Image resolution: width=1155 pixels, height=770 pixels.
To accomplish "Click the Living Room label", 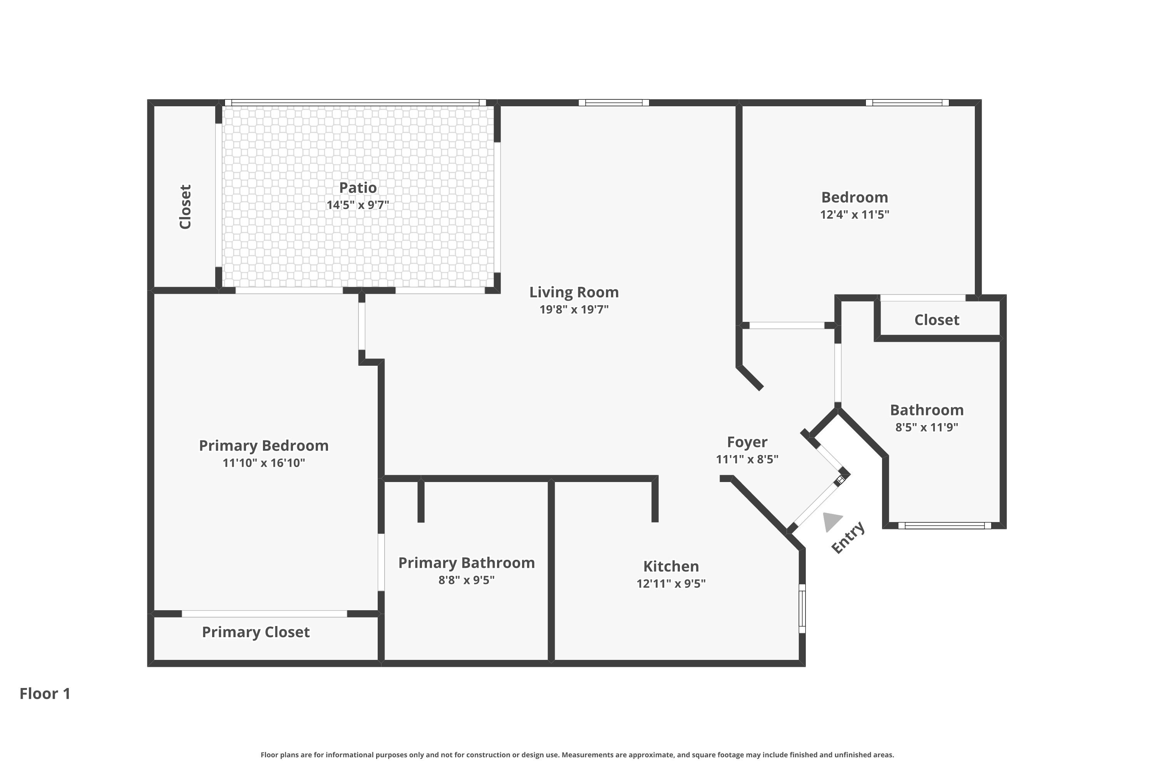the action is click(574, 292).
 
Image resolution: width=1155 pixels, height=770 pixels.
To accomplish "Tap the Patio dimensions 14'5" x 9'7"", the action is click(358, 205).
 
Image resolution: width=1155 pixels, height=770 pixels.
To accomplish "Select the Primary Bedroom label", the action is click(264, 445).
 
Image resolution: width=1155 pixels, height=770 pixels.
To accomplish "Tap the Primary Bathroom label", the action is click(467, 563).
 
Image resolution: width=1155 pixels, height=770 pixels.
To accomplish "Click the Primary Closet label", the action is click(256, 632).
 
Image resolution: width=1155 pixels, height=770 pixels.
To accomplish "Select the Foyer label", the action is click(747, 442).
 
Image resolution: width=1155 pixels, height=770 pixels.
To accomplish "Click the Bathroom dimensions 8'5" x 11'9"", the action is click(927, 427).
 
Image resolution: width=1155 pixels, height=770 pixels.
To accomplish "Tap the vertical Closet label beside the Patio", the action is click(185, 207).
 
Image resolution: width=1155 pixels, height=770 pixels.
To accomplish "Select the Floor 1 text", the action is click(45, 693).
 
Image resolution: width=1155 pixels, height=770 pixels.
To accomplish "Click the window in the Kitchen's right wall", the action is click(802, 608).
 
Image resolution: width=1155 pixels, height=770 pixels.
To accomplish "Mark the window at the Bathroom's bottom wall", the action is click(944, 526).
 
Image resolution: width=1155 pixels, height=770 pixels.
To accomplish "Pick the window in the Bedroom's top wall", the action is click(907, 103).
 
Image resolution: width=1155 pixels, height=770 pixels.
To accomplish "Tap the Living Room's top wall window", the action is click(614, 103).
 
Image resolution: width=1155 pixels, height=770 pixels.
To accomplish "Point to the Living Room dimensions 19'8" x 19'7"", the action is click(574, 310).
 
